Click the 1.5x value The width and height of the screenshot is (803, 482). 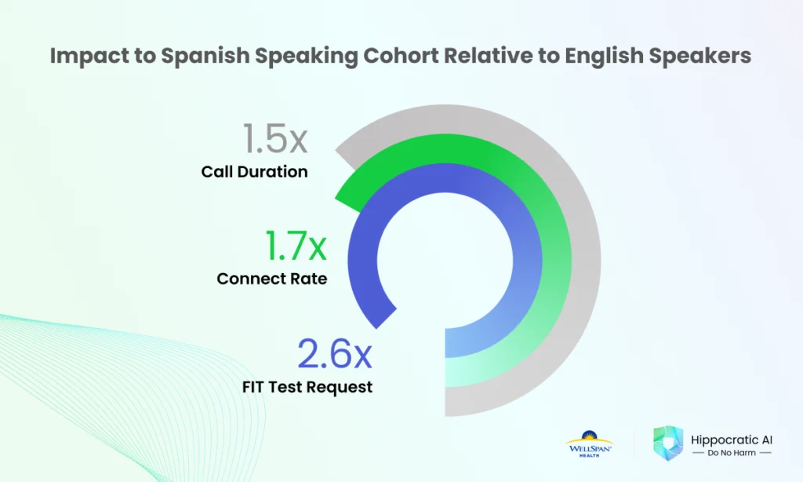[x=275, y=138]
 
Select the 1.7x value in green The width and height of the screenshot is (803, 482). [x=296, y=246]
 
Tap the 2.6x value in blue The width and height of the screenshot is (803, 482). [x=334, y=353]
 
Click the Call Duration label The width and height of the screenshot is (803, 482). [x=255, y=171]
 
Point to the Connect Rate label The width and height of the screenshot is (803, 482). [x=272, y=279]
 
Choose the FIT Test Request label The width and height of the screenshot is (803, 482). [x=307, y=387]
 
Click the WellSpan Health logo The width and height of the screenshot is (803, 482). [x=589, y=444]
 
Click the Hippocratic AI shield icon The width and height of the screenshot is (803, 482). [x=668, y=443]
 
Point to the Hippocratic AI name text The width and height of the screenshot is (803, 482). [x=732, y=440]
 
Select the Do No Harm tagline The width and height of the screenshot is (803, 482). [x=732, y=453]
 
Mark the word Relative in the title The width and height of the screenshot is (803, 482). [x=489, y=55]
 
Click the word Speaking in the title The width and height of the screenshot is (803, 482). [x=307, y=56]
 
